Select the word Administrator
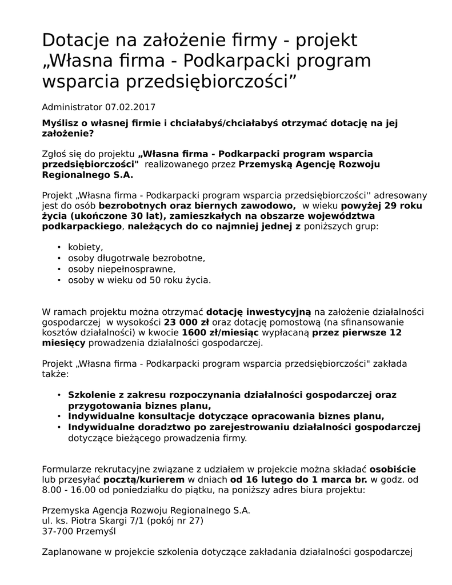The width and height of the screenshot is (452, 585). pos(71,107)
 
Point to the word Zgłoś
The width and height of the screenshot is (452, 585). pos(55,154)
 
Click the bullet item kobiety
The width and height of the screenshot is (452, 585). pos(86,247)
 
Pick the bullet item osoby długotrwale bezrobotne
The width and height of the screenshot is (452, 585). pos(136,258)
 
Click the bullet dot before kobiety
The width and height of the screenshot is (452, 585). pos(59,247)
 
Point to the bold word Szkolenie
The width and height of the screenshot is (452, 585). pos(93,395)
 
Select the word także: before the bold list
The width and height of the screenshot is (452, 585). pos(55,374)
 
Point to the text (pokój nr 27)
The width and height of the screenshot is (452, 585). pos(174,520)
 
